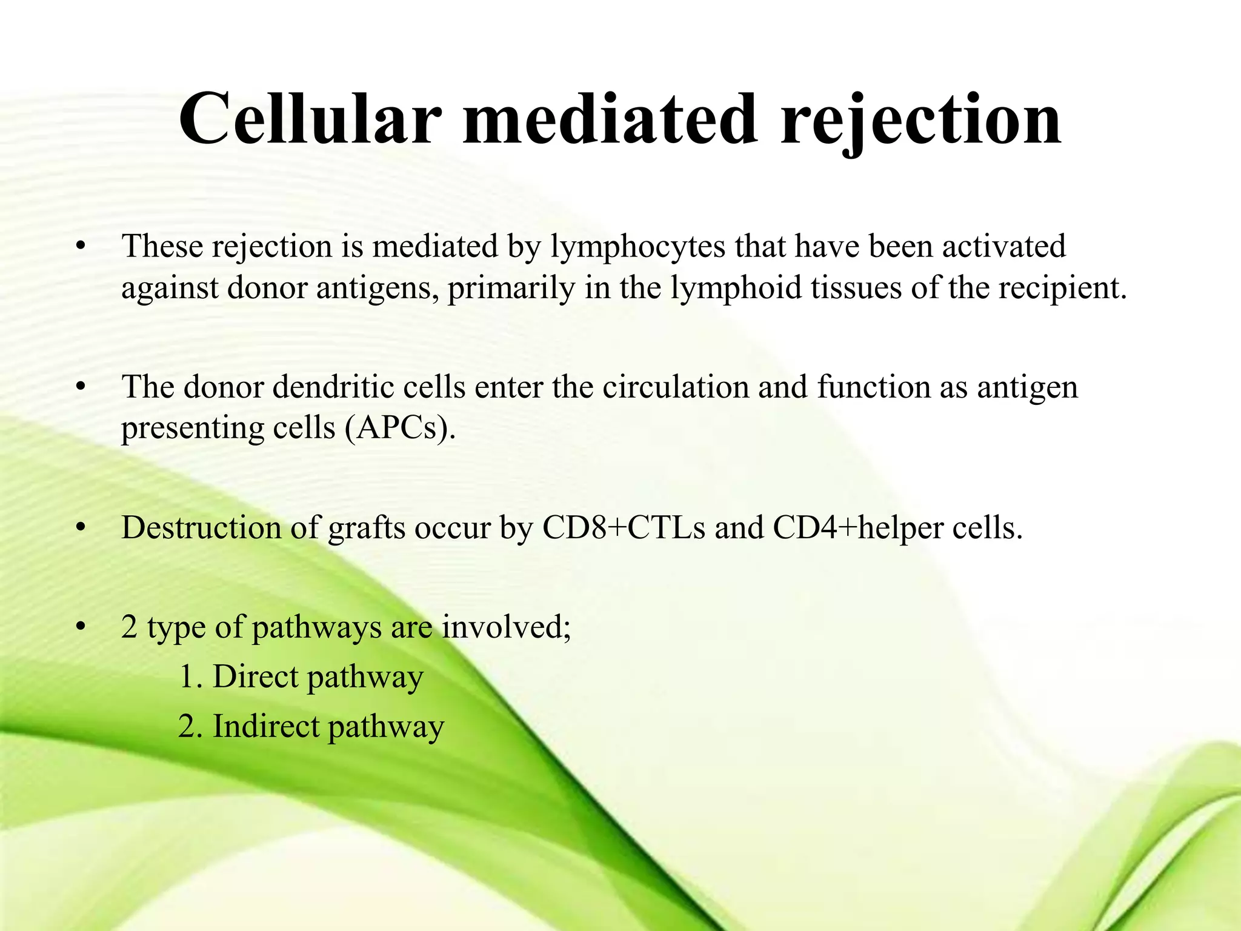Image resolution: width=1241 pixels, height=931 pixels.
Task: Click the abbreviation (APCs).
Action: tap(399, 428)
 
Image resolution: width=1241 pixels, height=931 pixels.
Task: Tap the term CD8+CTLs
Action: tap(624, 527)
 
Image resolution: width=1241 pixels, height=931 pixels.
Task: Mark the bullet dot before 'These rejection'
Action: tap(79, 247)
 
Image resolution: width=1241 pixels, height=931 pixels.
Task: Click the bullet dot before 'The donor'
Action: tap(79, 387)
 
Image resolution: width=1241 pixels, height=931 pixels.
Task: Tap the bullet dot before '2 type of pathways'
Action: tap(79, 627)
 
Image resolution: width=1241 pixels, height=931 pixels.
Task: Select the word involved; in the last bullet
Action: tap(506, 627)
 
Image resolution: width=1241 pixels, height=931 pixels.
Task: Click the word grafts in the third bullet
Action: tap(366, 527)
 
